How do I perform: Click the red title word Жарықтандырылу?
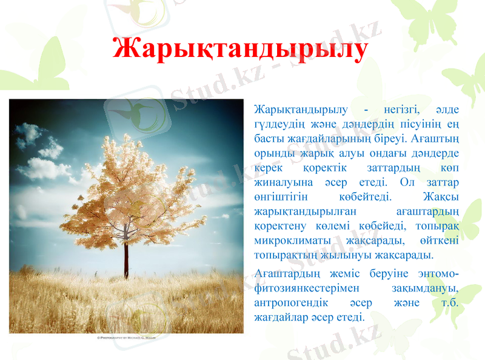point(239,49)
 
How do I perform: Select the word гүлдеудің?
point(278,124)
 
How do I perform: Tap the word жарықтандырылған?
point(301,211)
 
